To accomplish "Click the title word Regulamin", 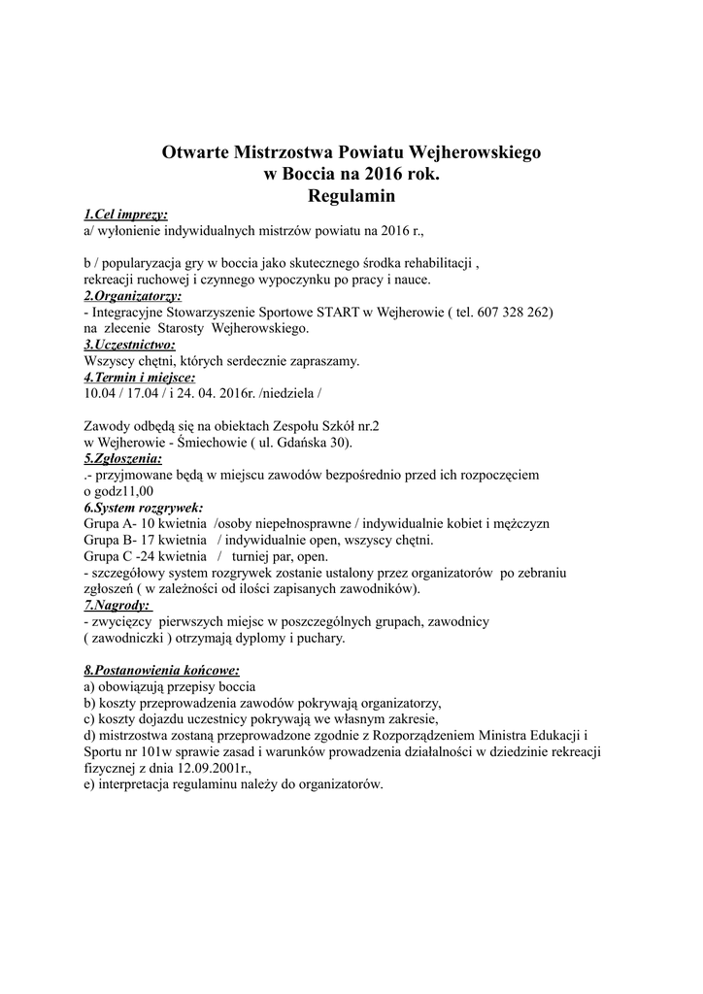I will coord(351,195).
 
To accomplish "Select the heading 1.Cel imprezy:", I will coord(125,214).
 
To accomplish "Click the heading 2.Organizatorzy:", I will coord(132,295).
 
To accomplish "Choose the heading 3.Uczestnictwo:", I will coord(129,345).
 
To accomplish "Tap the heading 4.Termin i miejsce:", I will coord(139,377).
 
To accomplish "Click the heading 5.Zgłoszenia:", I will coord(123,458).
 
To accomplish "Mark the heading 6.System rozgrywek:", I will coord(143,507).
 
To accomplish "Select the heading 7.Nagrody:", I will coord(120,605).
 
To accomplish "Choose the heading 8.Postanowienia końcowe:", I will coord(161,671).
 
